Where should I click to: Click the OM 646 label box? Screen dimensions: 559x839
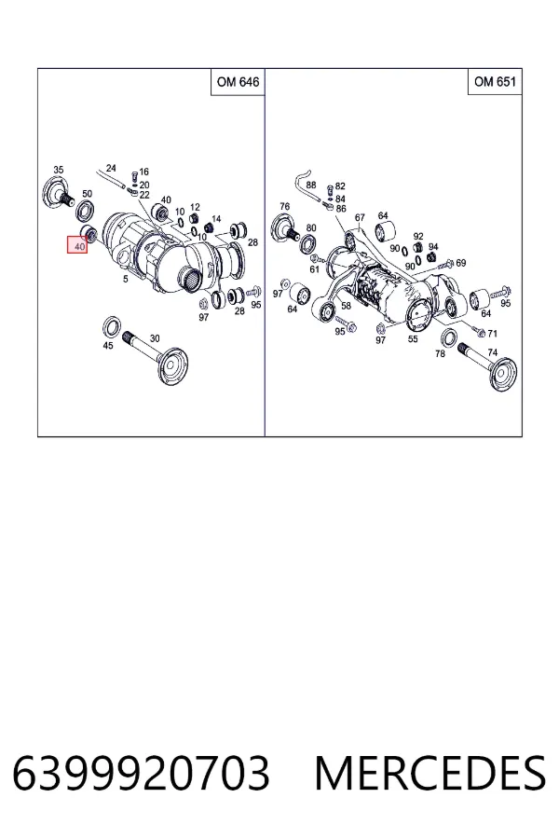(239, 82)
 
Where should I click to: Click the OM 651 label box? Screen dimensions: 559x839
(495, 81)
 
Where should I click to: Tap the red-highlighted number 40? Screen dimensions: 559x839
(77, 245)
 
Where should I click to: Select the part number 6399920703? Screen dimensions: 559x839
(141, 773)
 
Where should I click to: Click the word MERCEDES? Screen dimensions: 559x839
(430, 773)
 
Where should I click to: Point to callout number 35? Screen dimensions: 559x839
(59, 170)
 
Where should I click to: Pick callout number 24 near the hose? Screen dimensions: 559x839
(111, 168)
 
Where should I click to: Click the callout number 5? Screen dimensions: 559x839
(125, 279)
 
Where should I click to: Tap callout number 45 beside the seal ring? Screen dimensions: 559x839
(108, 346)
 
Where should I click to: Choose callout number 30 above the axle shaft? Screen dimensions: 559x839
(155, 338)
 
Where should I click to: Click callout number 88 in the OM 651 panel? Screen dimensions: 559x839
(311, 186)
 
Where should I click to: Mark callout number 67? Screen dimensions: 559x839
(360, 217)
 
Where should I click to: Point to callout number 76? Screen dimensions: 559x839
(284, 206)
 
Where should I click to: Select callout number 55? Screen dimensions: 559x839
(413, 338)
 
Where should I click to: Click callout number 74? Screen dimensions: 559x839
(492, 352)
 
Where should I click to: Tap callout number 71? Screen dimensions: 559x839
(492, 334)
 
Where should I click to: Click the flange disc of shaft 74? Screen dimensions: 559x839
(505, 375)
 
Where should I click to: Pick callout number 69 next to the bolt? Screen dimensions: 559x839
(460, 263)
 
